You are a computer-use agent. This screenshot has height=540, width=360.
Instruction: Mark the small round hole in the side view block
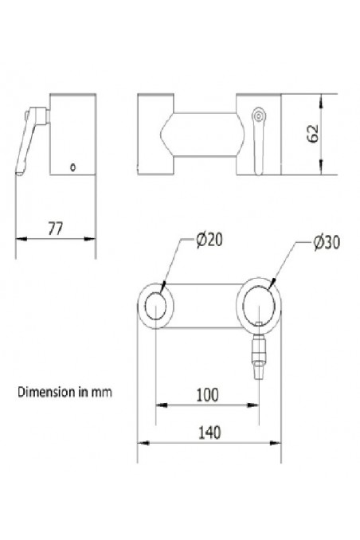[72, 166]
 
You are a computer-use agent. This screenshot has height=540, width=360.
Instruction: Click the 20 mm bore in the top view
[155, 304]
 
